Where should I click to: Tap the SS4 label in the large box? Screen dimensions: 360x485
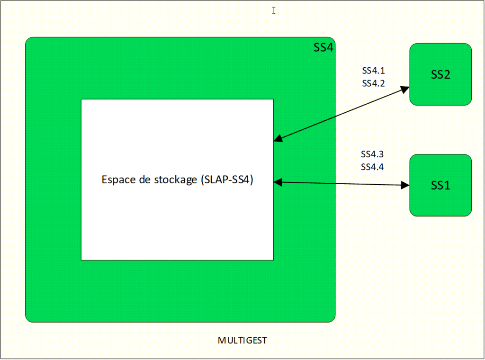coord(323,47)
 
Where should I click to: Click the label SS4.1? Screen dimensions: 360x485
coord(373,72)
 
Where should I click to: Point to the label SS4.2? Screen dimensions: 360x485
coord(373,83)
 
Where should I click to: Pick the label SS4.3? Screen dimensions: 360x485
coord(372,154)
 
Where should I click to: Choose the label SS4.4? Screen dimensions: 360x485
coord(372,167)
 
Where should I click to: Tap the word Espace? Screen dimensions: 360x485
coord(117,180)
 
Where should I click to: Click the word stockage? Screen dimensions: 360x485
coord(176,180)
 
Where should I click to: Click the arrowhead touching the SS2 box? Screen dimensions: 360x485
coord(405,89)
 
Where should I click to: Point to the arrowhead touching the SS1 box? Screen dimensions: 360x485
coord(405,185)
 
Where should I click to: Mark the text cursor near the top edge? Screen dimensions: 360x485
coord(274,10)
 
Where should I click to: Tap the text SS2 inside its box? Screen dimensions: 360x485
coord(440,75)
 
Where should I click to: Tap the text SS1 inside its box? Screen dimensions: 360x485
coord(440,186)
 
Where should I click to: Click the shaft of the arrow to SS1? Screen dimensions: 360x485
coord(341,183)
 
